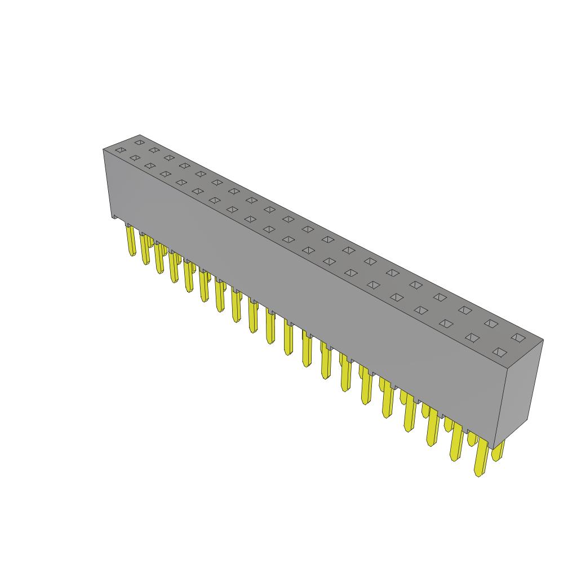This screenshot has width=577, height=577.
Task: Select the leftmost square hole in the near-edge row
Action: (119, 150)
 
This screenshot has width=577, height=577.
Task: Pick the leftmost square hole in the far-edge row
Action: (139, 142)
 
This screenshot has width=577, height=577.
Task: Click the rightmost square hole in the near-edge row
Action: (499, 352)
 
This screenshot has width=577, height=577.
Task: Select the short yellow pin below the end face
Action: (498, 451)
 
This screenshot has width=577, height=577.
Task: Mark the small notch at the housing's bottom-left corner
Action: (115, 216)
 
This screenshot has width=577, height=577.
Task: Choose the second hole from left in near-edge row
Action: (135, 158)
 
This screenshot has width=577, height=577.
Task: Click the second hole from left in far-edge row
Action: (154, 150)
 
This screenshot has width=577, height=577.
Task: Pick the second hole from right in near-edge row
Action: (472, 338)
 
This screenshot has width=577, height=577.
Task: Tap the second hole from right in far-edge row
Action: (491, 323)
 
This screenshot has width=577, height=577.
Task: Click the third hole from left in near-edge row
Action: (149, 166)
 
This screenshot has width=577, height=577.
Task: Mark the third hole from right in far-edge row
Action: (465, 309)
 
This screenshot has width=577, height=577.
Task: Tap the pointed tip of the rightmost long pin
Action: (479, 474)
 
